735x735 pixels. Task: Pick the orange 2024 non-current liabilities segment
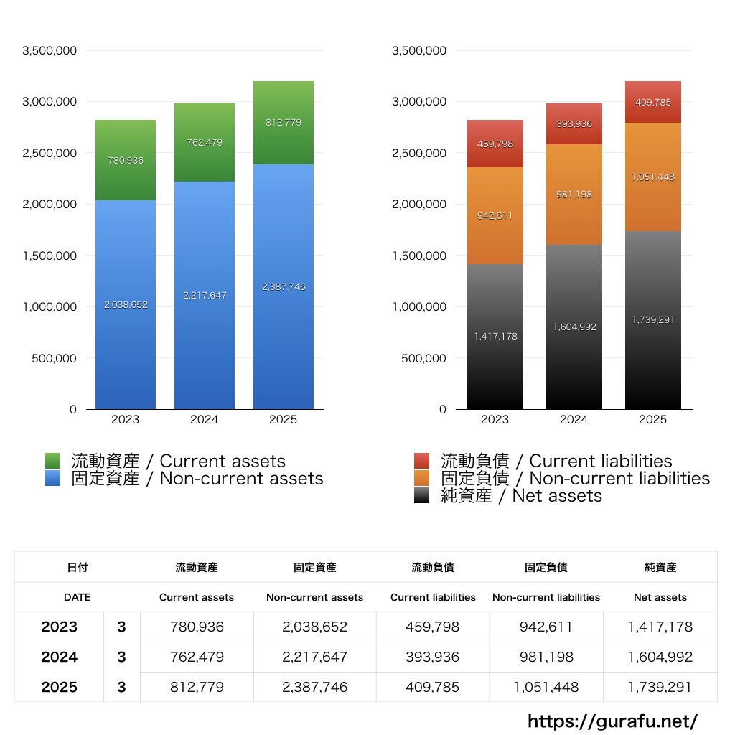click(x=574, y=215)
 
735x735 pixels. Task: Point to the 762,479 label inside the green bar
click(x=205, y=142)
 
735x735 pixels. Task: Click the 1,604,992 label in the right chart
click(x=574, y=327)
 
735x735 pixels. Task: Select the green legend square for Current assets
click(x=52, y=461)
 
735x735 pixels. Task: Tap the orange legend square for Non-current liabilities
click(x=422, y=478)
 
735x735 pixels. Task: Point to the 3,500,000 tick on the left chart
click(x=50, y=50)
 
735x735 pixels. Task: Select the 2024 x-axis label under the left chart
click(x=204, y=420)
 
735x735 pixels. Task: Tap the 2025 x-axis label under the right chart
click(x=652, y=420)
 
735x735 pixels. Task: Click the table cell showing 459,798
click(x=433, y=627)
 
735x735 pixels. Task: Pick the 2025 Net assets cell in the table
click(x=660, y=687)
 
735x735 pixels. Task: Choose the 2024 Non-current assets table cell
click(x=314, y=657)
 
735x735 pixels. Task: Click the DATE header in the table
click(x=77, y=597)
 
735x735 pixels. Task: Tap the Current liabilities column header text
click(x=433, y=597)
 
